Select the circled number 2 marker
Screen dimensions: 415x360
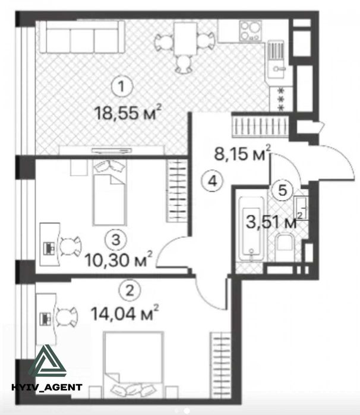coord(126,290)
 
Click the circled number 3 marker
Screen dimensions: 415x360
coord(118,239)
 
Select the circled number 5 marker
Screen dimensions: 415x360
coord(284,191)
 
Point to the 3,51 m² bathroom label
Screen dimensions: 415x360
coord(274,224)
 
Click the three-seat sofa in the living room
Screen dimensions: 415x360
coord(81,37)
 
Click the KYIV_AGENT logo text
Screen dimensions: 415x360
coord(47,388)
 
